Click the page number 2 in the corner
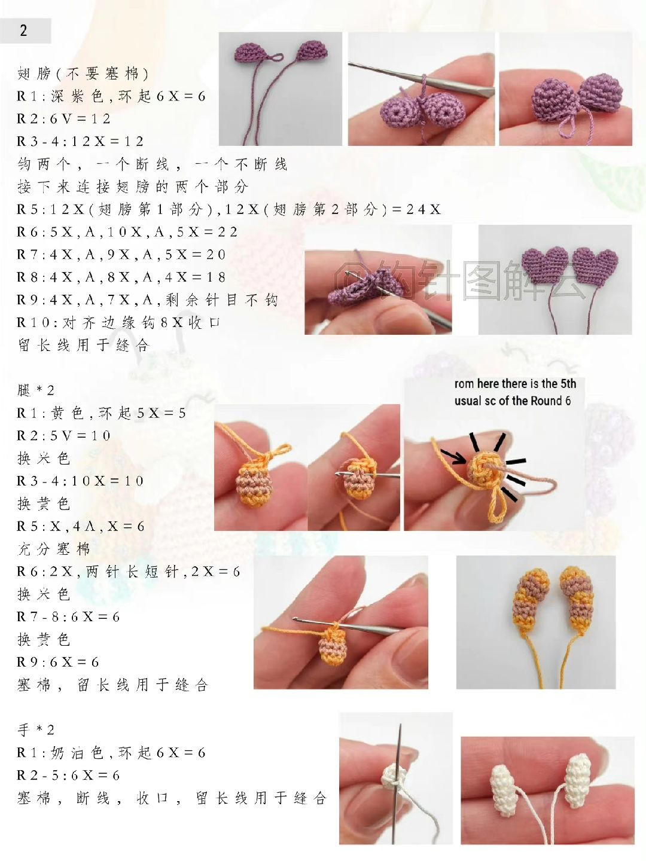click(23, 30)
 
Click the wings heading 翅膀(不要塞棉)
click(83, 74)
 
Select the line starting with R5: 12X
click(228, 209)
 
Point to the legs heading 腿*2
click(36, 390)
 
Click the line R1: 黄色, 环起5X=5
click(101, 413)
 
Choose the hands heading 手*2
click(36, 729)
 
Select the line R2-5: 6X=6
click(68, 775)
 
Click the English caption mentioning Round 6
click(514, 392)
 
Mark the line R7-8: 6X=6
click(68, 617)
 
